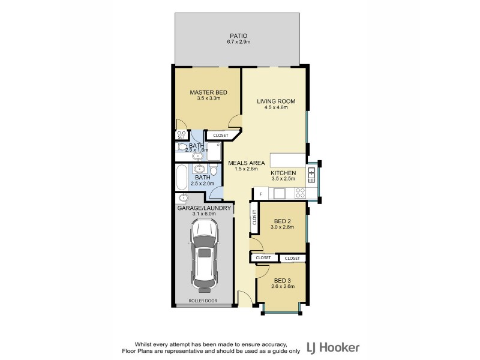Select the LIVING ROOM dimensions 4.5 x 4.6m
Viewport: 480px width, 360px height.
tap(276, 109)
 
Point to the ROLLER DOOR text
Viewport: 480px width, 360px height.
tap(202, 301)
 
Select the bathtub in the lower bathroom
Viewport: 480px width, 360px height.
tap(182, 178)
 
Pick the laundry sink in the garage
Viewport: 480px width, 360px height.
tap(184, 198)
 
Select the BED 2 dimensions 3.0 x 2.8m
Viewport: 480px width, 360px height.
tap(281, 227)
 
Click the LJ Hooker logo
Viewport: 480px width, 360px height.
tap(333, 347)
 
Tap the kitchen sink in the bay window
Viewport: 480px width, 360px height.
tap(311, 175)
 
